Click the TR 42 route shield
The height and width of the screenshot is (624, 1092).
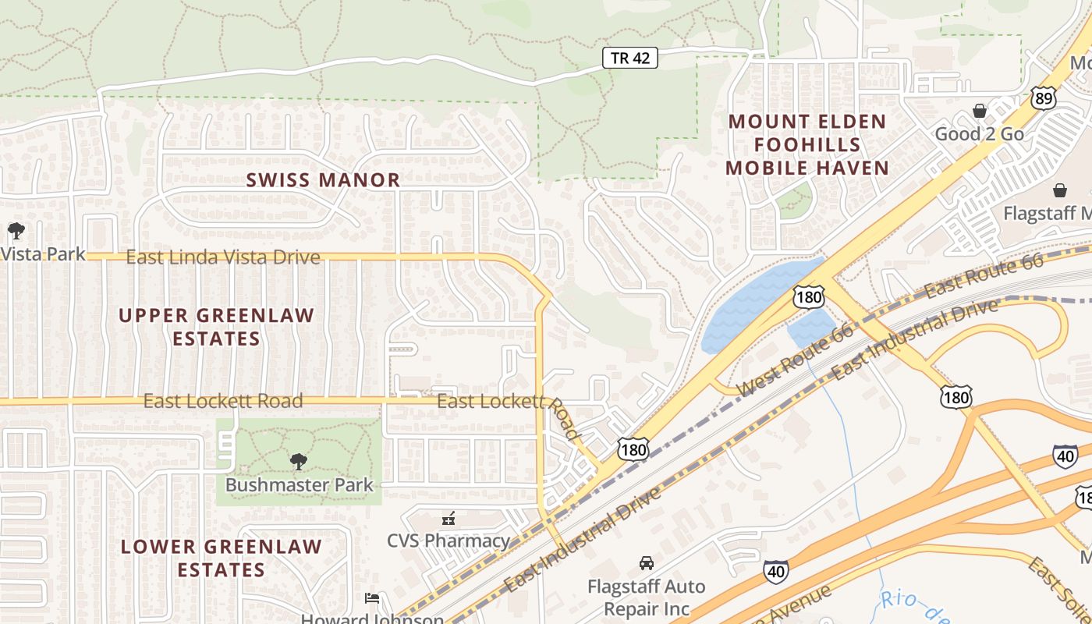[x=630, y=58]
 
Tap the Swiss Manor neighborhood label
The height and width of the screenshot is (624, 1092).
[x=323, y=180]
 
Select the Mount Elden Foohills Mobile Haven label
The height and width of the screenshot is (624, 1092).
[x=807, y=145]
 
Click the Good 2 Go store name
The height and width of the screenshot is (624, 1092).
[x=979, y=134]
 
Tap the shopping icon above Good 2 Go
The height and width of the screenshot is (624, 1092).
[x=979, y=112]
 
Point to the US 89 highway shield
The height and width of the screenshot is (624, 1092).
[x=1042, y=97]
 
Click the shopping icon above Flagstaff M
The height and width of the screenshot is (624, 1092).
[x=1060, y=190]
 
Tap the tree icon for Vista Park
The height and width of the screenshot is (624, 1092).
[x=16, y=231]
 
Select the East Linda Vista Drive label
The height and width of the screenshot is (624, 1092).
[x=223, y=257]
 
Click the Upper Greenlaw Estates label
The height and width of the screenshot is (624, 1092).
[x=216, y=327]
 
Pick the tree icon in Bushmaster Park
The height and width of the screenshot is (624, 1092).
[x=298, y=462]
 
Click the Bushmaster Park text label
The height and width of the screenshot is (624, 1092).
[x=300, y=485]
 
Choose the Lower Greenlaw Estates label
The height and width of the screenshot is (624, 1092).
[x=221, y=558]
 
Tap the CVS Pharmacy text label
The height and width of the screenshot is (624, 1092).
[x=448, y=541]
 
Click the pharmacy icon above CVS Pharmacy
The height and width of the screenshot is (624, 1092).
[x=448, y=518]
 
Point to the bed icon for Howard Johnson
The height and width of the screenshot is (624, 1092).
[x=372, y=598]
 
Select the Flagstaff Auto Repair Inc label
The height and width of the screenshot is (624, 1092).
[x=646, y=597]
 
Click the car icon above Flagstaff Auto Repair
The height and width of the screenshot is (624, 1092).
[x=646, y=563]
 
